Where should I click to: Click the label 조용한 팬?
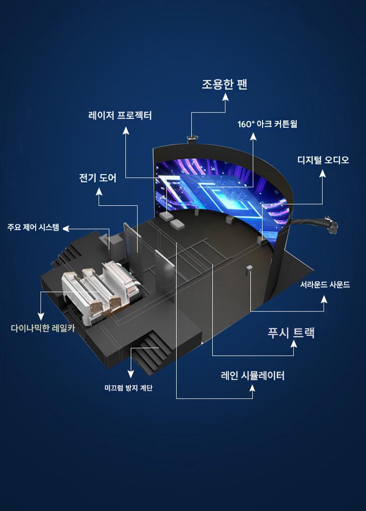[224, 84]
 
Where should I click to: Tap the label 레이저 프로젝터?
[120, 116]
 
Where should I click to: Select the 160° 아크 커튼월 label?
[267, 124]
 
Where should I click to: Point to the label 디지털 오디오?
[323, 160]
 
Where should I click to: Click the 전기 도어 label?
[98, 178]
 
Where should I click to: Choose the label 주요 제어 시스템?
[33, 227]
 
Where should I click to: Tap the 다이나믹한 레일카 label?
[43, 328]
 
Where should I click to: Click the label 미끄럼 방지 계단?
[128, 388]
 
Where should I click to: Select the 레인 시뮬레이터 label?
[253, 375]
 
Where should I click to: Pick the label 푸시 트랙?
[291, 333]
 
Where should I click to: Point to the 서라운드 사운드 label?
[325, 285]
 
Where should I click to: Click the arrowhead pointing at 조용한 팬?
[225, 98]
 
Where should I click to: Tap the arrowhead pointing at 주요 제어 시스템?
[66, 229]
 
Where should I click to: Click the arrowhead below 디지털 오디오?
[322, 174]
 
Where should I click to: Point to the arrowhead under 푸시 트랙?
[294, 344]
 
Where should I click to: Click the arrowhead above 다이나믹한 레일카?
[41, 316]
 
